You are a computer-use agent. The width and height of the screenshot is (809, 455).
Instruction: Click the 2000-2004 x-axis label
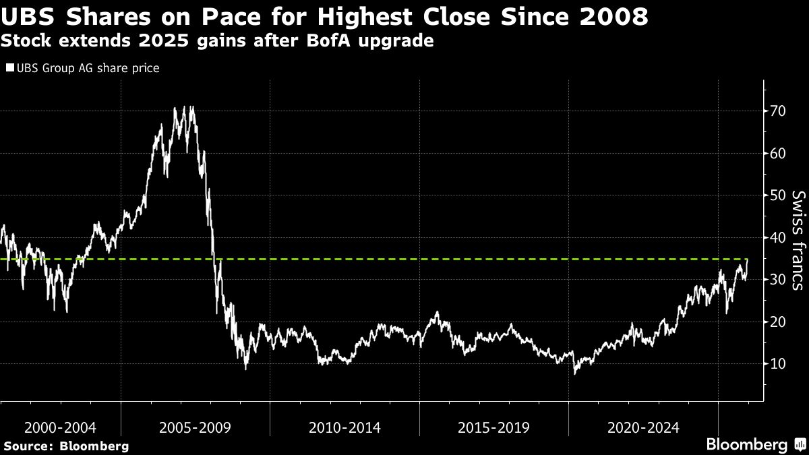tap(60, 427)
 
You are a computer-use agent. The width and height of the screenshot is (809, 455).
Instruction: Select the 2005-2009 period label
tap(196, 427)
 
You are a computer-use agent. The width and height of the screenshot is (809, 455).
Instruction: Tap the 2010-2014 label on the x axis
tap(344, 427)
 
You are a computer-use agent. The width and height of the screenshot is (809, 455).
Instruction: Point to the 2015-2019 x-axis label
tap(493, 427)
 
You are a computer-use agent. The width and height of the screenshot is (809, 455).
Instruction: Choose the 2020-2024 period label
tap(642, 427)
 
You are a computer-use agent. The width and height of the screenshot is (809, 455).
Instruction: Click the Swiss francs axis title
tap(798, 240)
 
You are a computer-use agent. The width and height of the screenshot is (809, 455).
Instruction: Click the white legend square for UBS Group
tap(9, 68)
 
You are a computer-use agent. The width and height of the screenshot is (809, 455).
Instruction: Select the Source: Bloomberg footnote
tap(65, 446)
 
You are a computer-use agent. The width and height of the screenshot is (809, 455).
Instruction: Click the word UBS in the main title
tap(25, 17)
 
